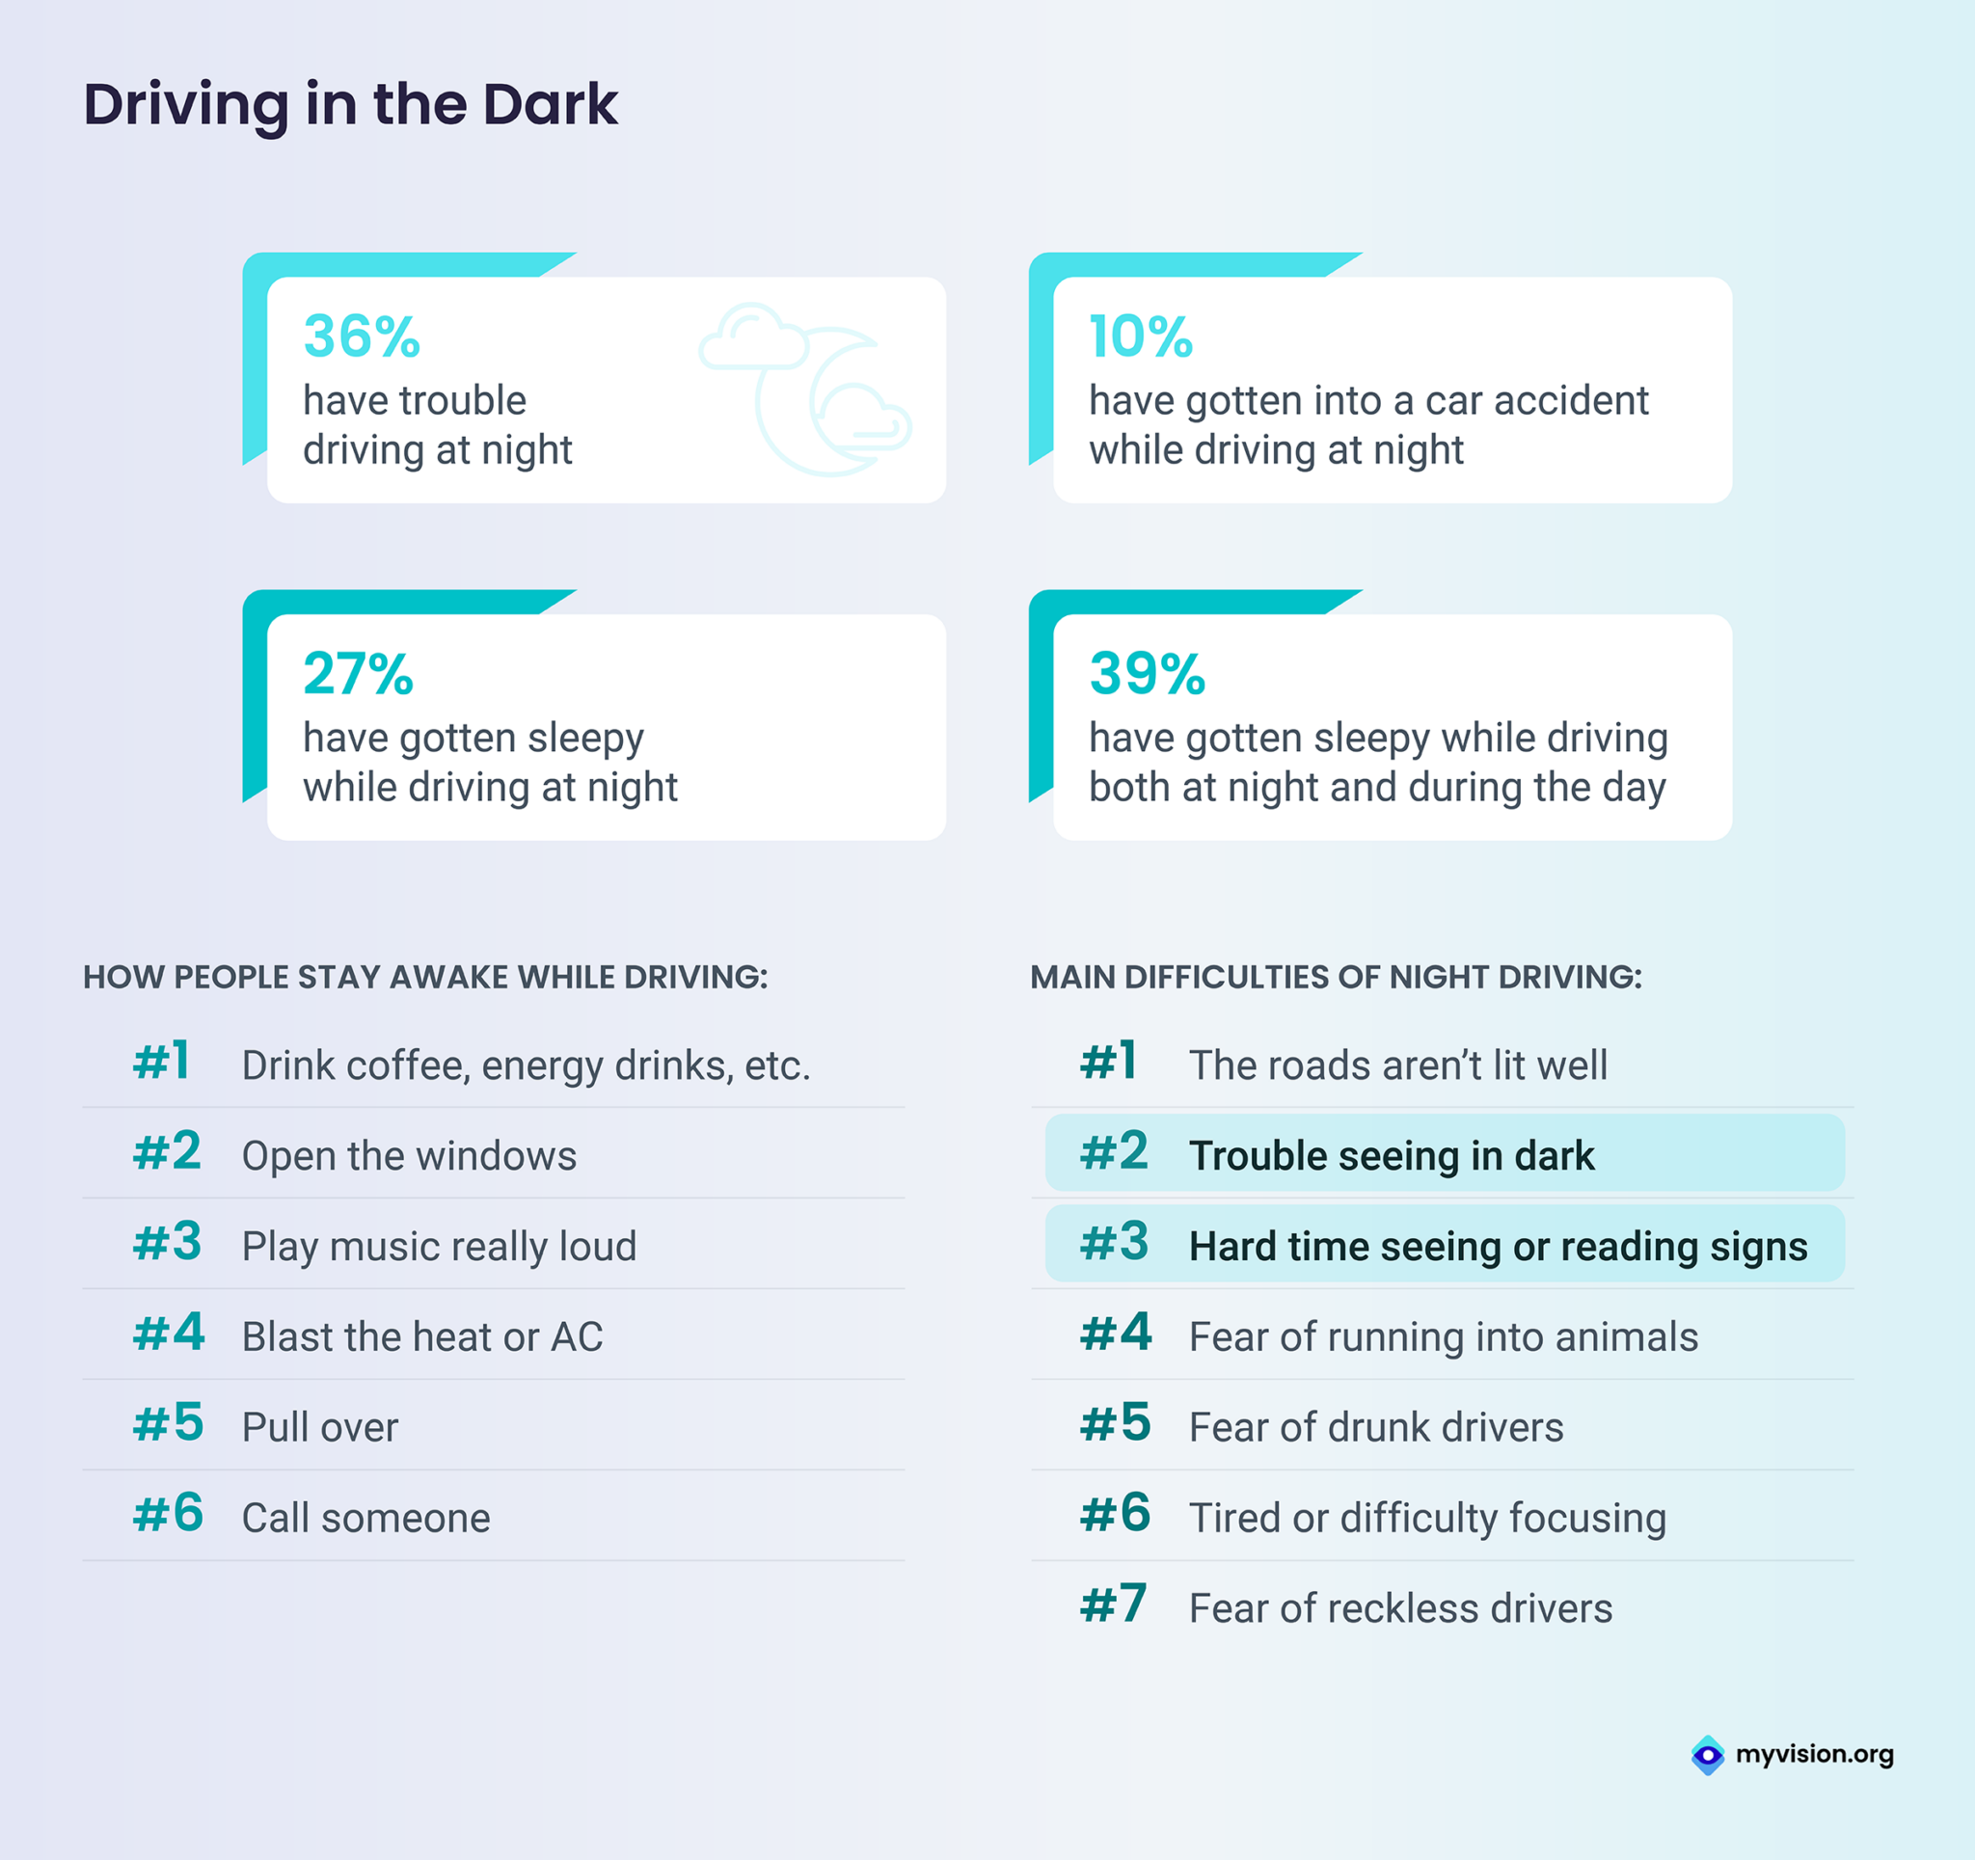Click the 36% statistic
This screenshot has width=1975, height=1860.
[x=362, y=336]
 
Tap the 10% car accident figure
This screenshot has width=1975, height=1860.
[x=1140, y=336]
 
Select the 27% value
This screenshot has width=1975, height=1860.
[x=358, y=674]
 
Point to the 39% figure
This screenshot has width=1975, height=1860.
[x=1147, y=674]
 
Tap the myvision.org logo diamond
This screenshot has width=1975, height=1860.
[x=1707, y=1755]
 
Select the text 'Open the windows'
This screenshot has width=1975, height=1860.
[x=408, y=1155]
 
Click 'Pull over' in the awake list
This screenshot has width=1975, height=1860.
[x=320, y=1427]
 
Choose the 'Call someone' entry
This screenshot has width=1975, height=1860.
[x=365, y=1517]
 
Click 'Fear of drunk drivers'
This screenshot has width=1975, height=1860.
[x=1376, y=1427]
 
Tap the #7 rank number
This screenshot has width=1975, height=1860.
[x=1114, y=1604]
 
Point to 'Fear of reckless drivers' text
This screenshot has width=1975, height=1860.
[x=1400, y=1607]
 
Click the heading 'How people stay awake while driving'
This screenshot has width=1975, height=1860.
[x=425, y=977]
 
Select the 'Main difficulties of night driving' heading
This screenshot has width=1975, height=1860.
[x=1336, y=977]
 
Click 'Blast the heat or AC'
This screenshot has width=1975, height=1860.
[x=422, y=1336]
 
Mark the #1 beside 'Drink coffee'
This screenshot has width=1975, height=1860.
[x=162, y=1062]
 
